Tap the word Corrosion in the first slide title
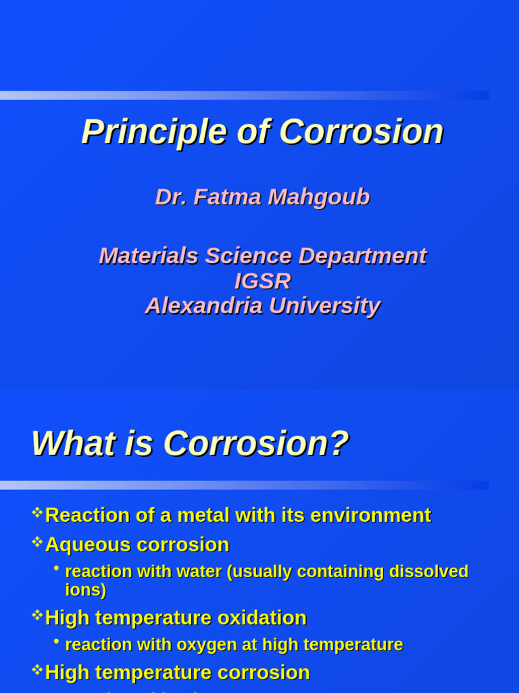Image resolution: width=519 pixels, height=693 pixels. pyautogui.click(x=361, y=132)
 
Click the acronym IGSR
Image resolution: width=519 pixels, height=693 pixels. pyautogui.click(x=262, y=281)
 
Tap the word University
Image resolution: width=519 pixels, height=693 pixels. pyautogui.click(x=324, y=306)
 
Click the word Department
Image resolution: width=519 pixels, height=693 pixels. pyautogui.click(x=362, y=256)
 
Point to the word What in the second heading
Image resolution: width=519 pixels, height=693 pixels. pyautogui.click(x=64, y=444)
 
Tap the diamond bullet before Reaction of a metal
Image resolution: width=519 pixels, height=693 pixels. pyautogui.click(x=37, y=512)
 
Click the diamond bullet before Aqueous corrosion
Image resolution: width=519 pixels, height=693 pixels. pyautogui.click(x=37, y=541)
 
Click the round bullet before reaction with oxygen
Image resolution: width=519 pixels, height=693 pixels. pyautogui.click(x=57, y=641)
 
